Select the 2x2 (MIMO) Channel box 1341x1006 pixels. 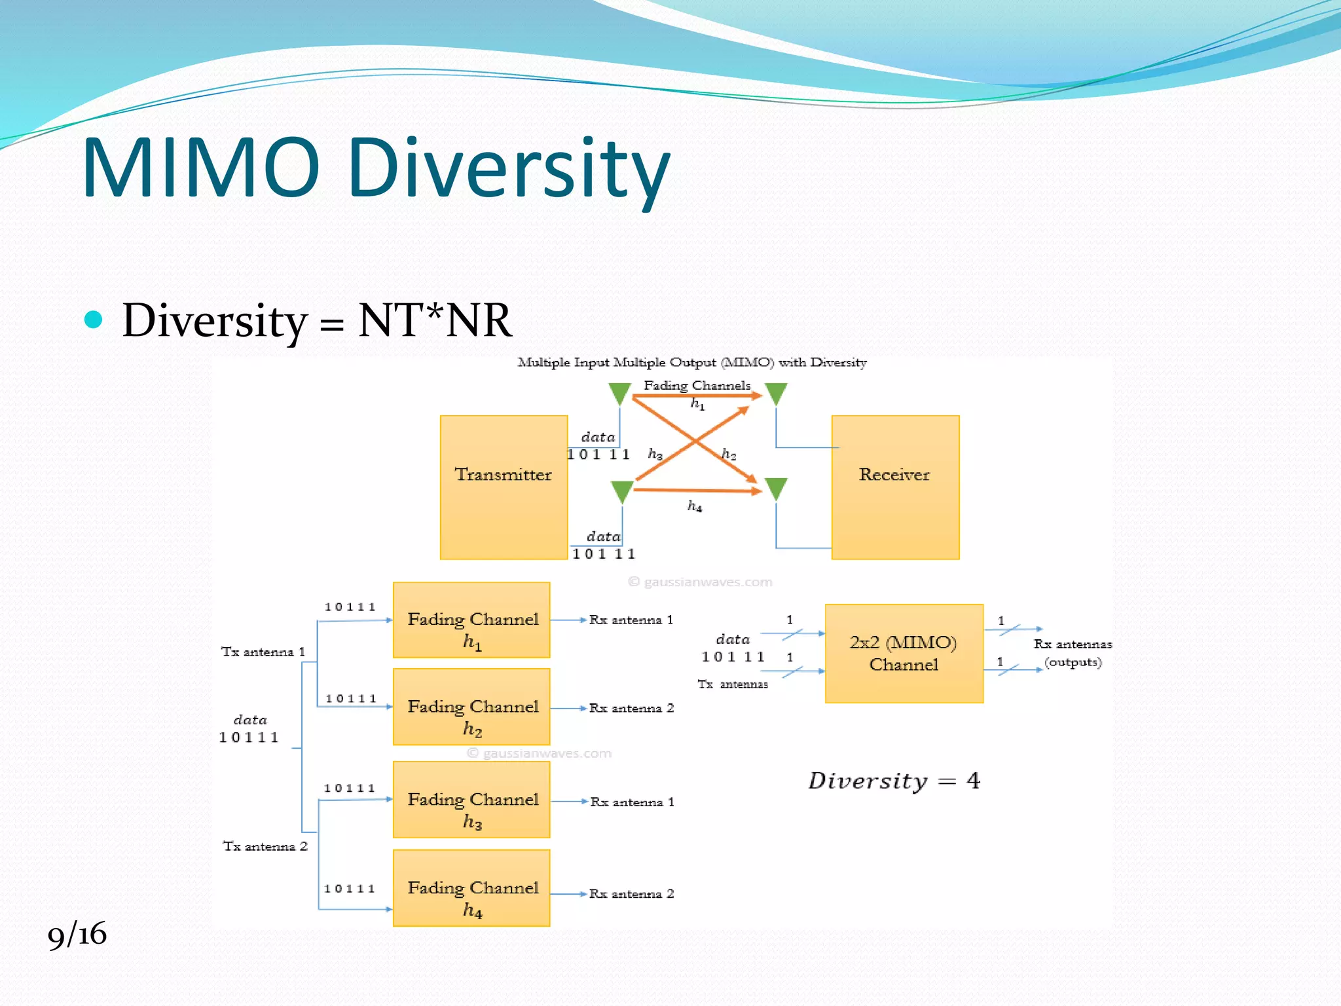(x=904, y=653)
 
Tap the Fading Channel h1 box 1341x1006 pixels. (x=471, y=620)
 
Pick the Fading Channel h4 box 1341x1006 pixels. (x=471, y=887)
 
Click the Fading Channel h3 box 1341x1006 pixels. (x=471, y=799)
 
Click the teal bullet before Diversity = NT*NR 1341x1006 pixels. (x=94, y=320)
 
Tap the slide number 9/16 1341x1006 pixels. (x=77, y=933)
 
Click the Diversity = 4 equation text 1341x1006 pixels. (x=894, y=781)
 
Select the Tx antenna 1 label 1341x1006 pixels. (x=263, y=652)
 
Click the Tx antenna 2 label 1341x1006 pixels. (x=265, y=846)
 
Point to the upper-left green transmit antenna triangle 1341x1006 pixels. (x=619, y=394)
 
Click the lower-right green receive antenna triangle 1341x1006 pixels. (x=776, y=488)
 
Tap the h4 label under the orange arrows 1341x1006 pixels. (x=695, y=506)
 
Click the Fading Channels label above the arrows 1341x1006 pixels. (x=697, y=385)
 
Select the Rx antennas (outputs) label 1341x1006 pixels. (x=1073, y=653)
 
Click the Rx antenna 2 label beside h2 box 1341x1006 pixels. (x=631, y=708)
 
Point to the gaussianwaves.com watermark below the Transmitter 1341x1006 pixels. (x=700, y=582)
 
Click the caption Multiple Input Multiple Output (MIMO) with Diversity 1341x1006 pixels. (x=692, y=362)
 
